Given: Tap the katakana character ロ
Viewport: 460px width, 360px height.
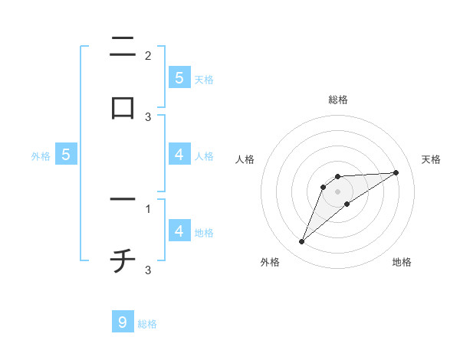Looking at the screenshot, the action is [123, 107].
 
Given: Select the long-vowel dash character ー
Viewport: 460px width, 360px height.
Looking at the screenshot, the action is [123, 201].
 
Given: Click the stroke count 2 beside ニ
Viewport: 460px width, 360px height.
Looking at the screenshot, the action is [148, 56].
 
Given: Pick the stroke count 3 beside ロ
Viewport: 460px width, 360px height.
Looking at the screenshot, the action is [148, 117].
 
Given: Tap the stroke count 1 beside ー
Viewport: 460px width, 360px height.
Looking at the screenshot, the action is [148, 208].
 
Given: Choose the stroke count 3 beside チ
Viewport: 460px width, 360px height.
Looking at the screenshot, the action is [148, 270].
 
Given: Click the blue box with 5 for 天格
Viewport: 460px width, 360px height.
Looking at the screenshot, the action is [179, 77].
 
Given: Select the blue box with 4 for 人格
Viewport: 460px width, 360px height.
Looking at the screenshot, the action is [179, 154].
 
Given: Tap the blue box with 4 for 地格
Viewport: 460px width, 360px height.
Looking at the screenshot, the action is [179, 231].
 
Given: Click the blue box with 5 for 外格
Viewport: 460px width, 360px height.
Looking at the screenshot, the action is [66, 155].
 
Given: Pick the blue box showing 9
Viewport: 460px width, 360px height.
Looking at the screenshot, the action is [123, 322].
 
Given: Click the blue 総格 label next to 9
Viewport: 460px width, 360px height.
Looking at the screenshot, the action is [147, 324].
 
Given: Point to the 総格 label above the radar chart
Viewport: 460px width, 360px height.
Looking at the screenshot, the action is [338, 100].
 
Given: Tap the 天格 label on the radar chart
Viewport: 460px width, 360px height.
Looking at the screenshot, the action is [432, 159].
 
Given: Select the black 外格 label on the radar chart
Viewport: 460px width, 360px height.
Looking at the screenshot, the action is [270, 262].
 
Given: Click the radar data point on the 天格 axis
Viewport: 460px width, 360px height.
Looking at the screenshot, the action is [396, 172].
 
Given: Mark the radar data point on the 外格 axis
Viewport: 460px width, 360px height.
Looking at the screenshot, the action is [302, 242].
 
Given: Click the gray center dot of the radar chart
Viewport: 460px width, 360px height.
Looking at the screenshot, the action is [338, 191].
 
